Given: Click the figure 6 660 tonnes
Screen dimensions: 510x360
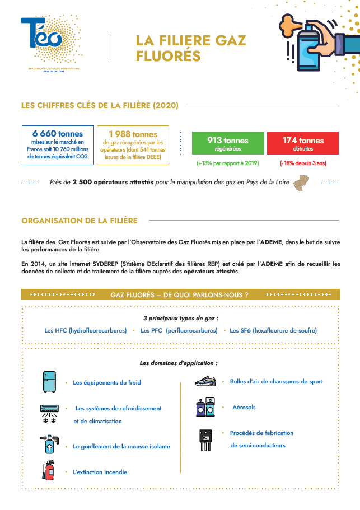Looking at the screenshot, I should click(58, 134).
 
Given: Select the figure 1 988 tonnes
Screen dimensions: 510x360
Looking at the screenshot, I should click(133, 134).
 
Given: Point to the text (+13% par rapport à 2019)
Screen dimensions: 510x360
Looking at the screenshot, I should click(227, 163).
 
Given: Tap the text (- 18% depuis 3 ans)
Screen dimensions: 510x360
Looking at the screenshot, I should click(303, 163).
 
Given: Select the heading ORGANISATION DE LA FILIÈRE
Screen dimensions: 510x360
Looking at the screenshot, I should click(79, 221).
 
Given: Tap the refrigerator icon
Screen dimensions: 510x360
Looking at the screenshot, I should click(50, 381).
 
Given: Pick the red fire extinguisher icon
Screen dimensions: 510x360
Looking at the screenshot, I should click(49, 470).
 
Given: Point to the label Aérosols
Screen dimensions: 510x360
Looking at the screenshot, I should click(244, 407).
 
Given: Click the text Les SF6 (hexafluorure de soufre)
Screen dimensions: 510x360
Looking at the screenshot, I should click(273, 330).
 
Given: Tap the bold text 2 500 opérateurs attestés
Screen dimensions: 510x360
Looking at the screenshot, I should click(113, 183).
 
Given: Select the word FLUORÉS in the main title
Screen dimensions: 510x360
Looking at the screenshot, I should click(168, 56).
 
